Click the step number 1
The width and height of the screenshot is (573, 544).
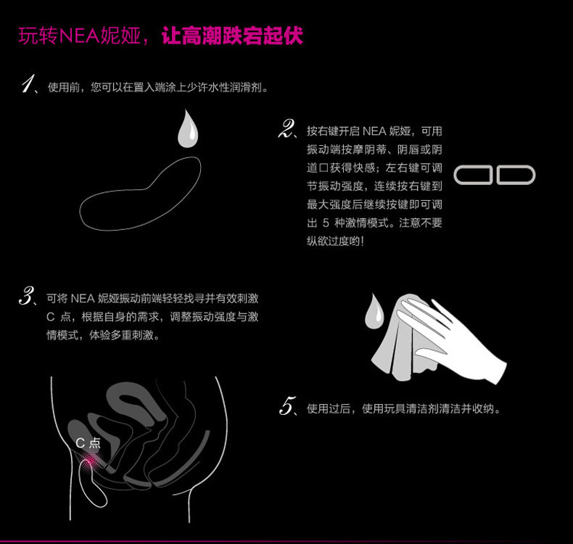[x=28, y=83]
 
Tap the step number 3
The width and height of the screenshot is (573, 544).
[x=26, y=295]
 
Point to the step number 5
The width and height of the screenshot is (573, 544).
[x=287, y=405]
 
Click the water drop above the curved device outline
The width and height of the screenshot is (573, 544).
[x=188, y=129]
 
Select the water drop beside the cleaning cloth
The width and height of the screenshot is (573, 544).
[x=374, y=311]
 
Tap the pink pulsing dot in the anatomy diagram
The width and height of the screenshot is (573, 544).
[x=89, y=461]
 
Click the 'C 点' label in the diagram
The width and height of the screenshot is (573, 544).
[x=88, y=443]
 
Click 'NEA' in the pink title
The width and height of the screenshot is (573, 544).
[x=78, y=36]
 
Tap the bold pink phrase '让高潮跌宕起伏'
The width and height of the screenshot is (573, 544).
[x=232, y=36]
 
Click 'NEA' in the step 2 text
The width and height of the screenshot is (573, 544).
[x=374, y=131]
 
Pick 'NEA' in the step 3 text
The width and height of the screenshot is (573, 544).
[x=83, y=299]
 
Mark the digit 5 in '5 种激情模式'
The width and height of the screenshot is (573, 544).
[x=326, y=223]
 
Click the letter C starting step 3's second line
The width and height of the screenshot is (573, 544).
[x=51, y=317]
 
